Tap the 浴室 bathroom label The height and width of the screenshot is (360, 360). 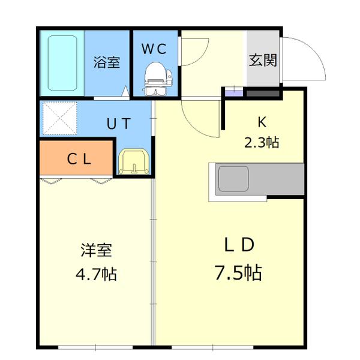pyautogui.click(x=106, y=62)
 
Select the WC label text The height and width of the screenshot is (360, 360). pyautogui.click(x=155, y=48)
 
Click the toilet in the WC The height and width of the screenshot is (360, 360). pyautogui.click(x=157, y=79)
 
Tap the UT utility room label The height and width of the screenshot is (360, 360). pyautogui.click(x=118, y=125)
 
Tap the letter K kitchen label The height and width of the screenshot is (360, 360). pyautogui.click(x=262, y=122)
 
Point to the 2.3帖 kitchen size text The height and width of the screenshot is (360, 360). pyautogui.click(x=262, y=143)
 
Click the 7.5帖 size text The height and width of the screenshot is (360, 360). pyautogui.click(x=238, y=273)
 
